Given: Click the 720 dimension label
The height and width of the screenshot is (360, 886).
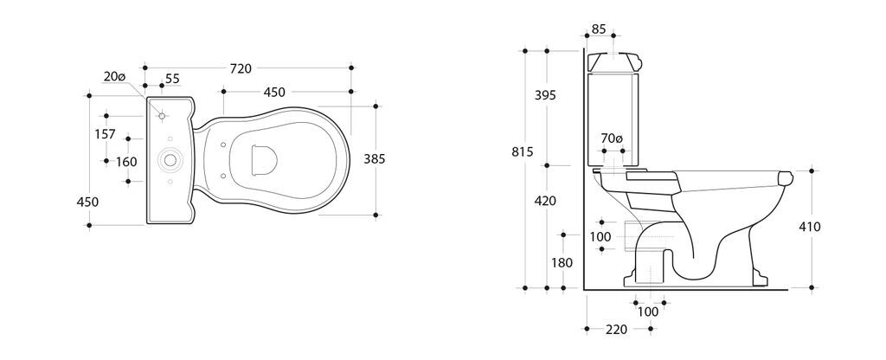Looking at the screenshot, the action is [x=241, y=68].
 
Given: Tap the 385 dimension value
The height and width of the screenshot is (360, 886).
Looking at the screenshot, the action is [x=374, y=159].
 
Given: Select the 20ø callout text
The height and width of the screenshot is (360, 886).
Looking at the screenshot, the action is [x=115, y=76].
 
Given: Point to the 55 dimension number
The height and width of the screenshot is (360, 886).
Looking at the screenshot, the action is [x=172, y=79].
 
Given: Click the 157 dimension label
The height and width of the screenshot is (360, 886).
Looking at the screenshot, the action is [x=105, y=134].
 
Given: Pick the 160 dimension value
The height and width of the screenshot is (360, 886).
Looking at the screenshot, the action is [x=126, y=162].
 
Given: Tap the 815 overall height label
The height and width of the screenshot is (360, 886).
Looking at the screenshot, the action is [x=522, y=152].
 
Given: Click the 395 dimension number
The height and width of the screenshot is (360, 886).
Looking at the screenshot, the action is [x=545, y=95].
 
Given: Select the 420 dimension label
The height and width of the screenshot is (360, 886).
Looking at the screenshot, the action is [x=545, y=201].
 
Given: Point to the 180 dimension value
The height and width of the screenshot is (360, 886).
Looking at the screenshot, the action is [x=562, y=263].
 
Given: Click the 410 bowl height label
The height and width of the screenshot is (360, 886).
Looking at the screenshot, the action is [x=810, y=228].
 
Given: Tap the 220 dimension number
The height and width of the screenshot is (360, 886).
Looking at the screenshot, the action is [x=616, y=330].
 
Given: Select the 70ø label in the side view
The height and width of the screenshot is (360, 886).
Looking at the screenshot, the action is [x=612, y=138].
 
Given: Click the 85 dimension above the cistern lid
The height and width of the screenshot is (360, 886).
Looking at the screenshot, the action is [x=599, y=29].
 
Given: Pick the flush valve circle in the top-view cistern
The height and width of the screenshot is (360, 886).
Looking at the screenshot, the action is [x=170, y=160].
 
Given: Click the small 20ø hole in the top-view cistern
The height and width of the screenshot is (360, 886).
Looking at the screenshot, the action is [x=162, y=116].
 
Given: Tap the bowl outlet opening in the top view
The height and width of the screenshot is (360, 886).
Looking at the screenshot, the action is [x=264, y=160].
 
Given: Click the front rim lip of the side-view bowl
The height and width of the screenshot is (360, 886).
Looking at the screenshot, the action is [x=785, y=178].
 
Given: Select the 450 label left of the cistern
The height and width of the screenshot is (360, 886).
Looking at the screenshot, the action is [x=87, y=202].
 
